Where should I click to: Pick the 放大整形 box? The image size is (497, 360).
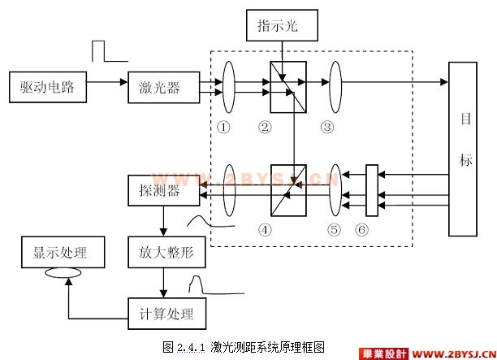pos(166,254)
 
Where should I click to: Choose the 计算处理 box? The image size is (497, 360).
pos(166,311)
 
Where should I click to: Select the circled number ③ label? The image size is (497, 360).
pos(326,127)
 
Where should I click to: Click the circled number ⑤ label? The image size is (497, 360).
pos(334,229)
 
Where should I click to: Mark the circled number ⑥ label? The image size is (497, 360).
pos(362,229)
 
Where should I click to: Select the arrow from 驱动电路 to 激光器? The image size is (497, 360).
pos(106,82)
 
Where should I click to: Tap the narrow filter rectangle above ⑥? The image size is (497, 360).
pos(371,189)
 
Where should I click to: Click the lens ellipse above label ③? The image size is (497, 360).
pos(335,82)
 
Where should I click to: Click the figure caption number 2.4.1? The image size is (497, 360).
pos(192,346)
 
